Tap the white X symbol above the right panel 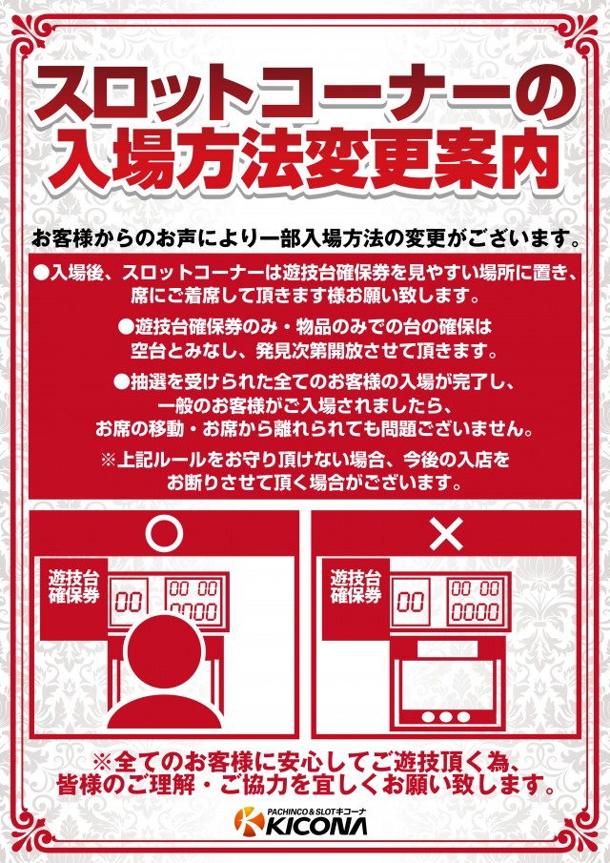pyautogui.click(x=446, y=534)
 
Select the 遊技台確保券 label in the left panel pyautogui.click(x=73, y=586)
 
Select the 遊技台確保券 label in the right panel pyautogui.click(x=356, y=586)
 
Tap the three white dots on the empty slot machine pyautogui.click(x=445, y=717)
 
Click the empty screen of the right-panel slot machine pyautogui.click(x=445, y=682)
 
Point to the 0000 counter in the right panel pyautogui.click(x=476, y=611)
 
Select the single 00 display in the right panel pyautogui.click(x=410, y=601)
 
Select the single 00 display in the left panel pyautogui.click(x=128, y=602)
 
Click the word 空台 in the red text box pyautogui.click(x=148, y=351)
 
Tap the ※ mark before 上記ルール pyautogui.click(x=108, y=460)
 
